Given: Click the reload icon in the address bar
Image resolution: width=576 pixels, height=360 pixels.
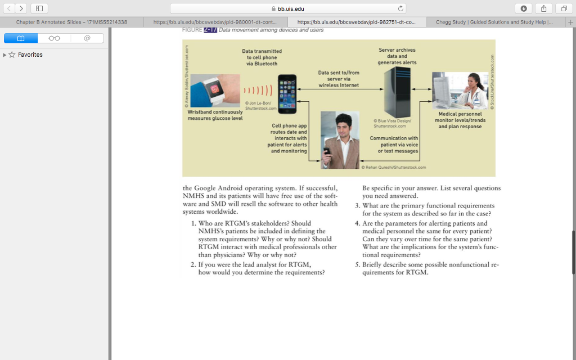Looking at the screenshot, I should coord(400,8).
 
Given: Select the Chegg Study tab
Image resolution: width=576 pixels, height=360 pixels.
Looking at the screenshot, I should coord(493,22).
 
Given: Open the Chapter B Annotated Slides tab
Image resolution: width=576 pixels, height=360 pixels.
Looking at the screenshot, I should coord(71,22).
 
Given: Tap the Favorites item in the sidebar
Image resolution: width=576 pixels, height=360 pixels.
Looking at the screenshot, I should coord(30,55).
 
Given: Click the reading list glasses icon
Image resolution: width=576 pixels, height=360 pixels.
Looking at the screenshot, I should coord(54,38).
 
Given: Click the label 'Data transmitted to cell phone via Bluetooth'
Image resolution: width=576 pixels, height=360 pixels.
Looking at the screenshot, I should coord(262,57).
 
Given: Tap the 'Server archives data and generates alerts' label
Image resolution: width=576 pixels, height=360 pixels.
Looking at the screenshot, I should coord(397,56).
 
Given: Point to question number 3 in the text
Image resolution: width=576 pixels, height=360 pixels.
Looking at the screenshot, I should coord(357,206).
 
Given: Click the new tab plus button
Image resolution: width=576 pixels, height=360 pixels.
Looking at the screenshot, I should coord(570,22).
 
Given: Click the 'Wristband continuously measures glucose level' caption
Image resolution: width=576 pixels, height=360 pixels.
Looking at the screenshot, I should coord(215,115).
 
